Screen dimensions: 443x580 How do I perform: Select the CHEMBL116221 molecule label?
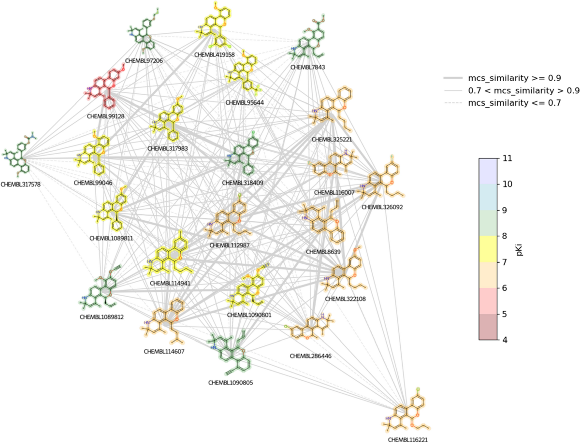click(407, 440)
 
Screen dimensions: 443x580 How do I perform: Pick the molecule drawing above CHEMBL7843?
click(311, 41)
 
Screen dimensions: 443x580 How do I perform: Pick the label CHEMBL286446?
click(309, 356)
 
